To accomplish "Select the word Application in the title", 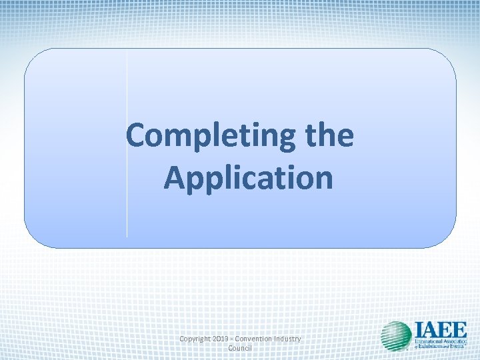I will [x=248, y=177].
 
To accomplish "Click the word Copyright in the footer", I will [x=197, y=339].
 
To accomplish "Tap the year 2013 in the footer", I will [x=225, y=339].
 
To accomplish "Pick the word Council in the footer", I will [x=240, y=349].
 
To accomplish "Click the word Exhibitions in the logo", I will [x=433, y=347].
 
